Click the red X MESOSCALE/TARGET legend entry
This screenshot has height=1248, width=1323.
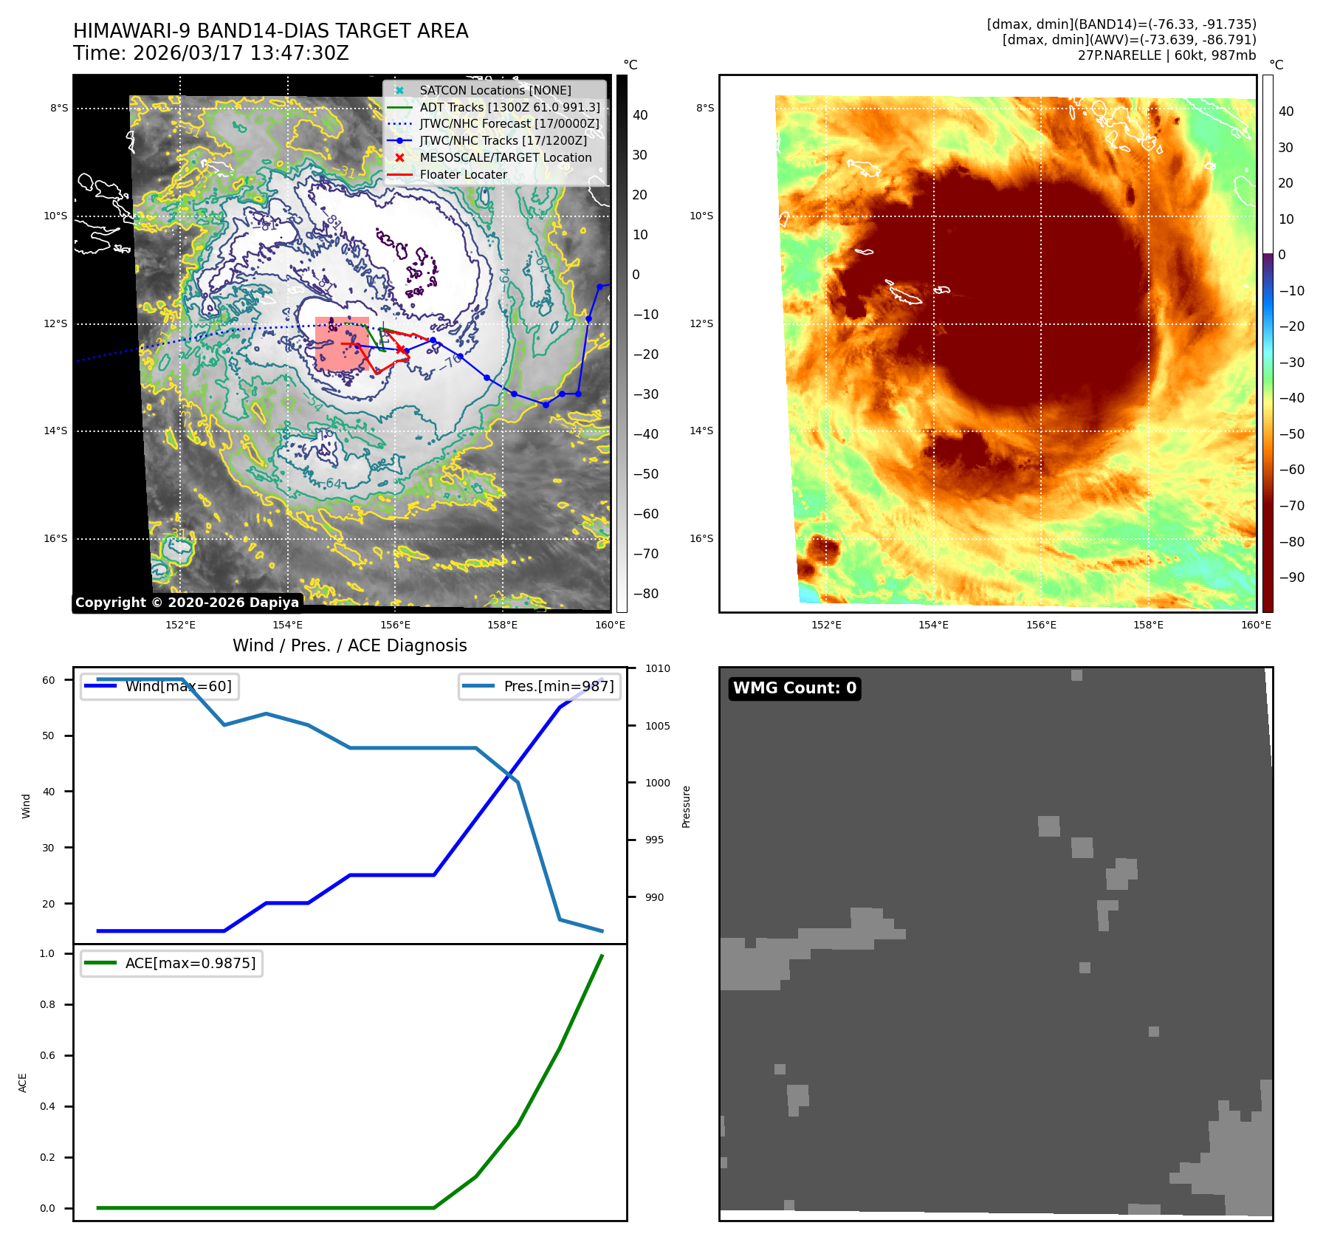click(505, 157)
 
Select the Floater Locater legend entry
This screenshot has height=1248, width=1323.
click(463, 174)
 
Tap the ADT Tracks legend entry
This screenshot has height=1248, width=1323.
click(509, 107)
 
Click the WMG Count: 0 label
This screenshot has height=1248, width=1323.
click(794, 688)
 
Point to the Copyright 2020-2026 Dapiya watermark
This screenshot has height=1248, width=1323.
click(187, 603)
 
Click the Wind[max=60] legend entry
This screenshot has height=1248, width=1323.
click(178, 686)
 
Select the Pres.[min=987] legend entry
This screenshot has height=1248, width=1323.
click(558, 686)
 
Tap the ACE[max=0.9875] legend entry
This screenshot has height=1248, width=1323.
click(190, 963)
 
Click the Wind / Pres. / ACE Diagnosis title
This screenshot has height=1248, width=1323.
click(349, 645)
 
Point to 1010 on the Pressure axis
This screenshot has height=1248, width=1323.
click(657, 668)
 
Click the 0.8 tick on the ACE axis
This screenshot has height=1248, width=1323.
click(47, 1004)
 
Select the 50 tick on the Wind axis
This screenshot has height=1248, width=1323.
click(48, 736)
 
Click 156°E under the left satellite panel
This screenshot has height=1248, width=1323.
click(395, 625)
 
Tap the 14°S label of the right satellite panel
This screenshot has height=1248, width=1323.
click(701, 431)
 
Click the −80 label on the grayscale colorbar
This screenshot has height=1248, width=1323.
click(646, 594)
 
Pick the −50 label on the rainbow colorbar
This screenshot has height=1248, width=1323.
click(1291, 433)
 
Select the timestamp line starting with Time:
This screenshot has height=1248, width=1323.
click(210, 53)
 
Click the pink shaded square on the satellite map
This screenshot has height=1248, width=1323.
click(341, 343)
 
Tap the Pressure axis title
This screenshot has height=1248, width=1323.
click(687, 806)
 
